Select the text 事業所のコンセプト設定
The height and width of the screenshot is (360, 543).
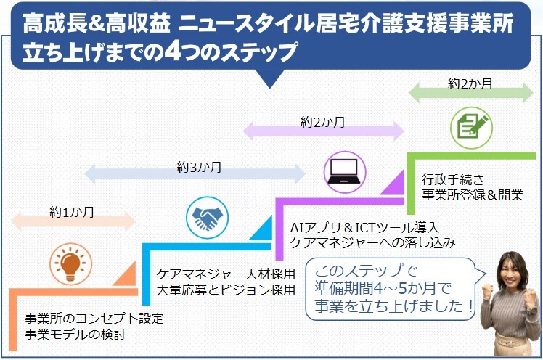coord(94,319)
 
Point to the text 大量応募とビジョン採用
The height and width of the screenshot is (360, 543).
coord(226,290)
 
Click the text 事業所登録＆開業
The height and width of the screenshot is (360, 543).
coord(473,194)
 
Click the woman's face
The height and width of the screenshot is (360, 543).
coord(514,271)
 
